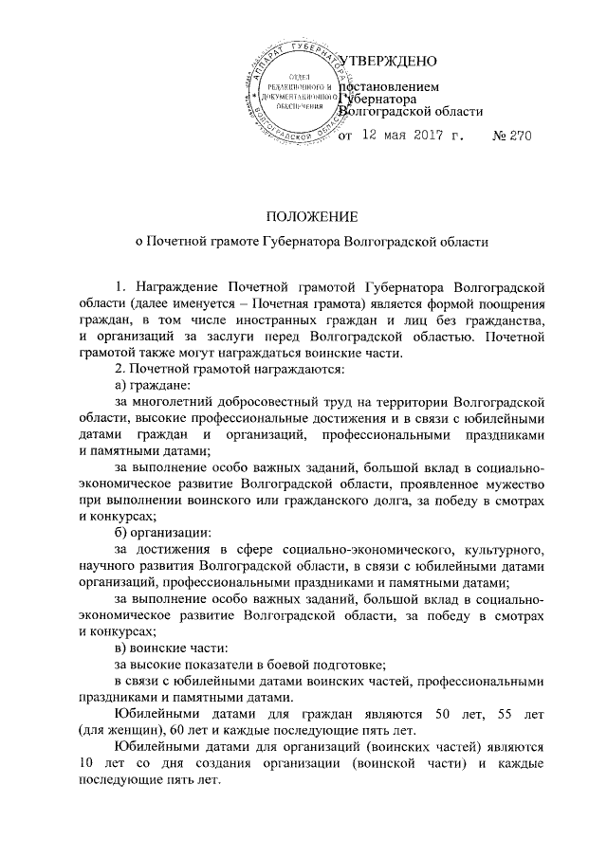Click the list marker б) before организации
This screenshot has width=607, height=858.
click(120, 531)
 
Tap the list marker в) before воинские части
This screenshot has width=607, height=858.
click(120, 648)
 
